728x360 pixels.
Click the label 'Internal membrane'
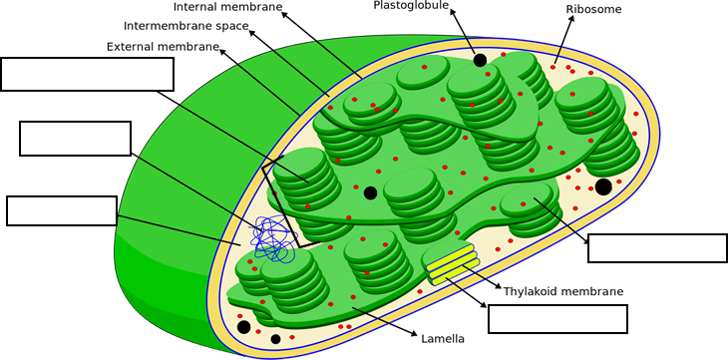[227, 7]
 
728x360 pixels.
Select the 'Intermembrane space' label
[186, 26]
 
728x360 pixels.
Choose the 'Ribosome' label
[593, 9]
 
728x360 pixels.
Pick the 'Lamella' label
[443, 339]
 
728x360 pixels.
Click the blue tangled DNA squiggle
[271, 238]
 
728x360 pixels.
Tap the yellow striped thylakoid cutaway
[451, 262]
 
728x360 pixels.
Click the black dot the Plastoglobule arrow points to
[480, 60]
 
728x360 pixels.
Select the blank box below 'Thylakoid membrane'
[557, 319]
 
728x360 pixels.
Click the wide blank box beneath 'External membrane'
[88, 74]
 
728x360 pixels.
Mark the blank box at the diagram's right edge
[657, 248]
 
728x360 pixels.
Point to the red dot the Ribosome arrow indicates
[552, 67]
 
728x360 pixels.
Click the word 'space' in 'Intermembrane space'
[231, 26]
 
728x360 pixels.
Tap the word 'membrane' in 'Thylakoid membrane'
[593, 291]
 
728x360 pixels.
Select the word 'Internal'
[200, 7]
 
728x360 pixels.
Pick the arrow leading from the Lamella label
[384, 321]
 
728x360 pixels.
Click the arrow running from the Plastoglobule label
[464, 30]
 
